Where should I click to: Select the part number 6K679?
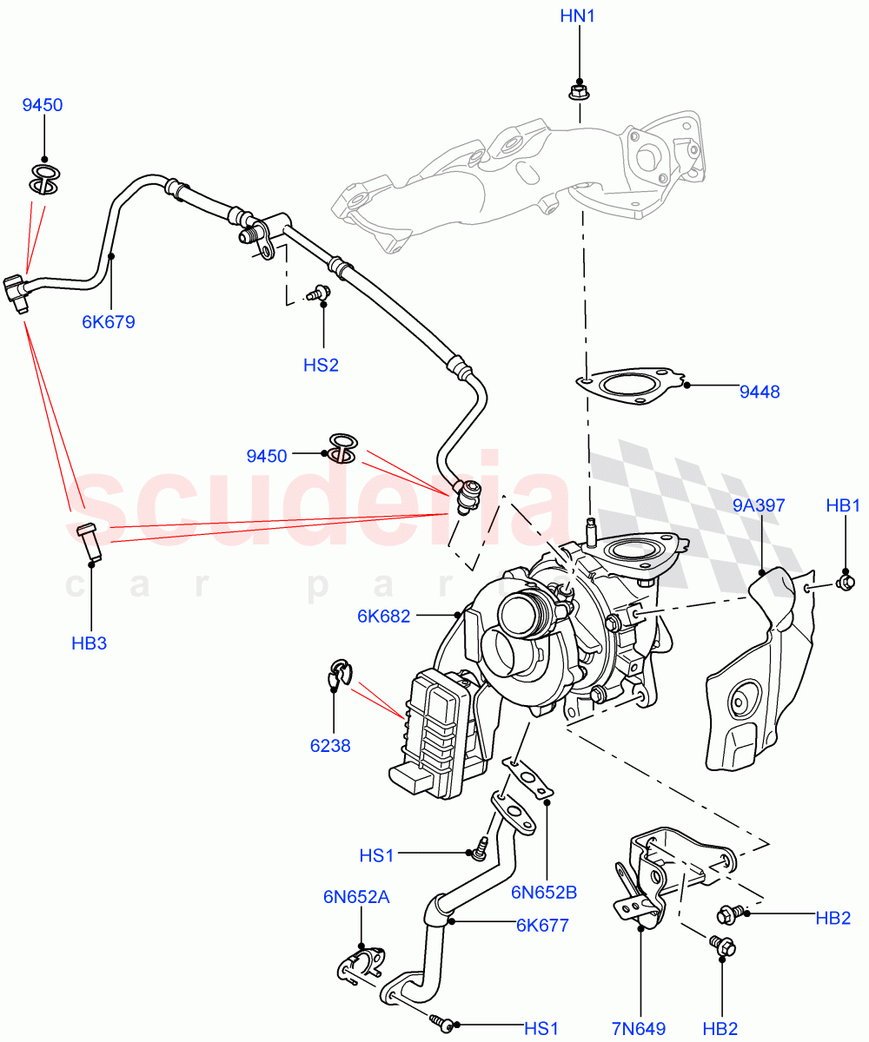(x=109, y=322)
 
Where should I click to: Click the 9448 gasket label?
(x=760, y=392)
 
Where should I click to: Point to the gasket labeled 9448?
(x=629, y=385)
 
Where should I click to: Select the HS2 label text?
(x=321, y=365)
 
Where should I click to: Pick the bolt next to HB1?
(x=842, y=580)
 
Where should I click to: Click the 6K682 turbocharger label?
(x=383, y=617)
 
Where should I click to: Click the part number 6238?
(x=330, y=745)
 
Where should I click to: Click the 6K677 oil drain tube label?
(x=542, y=925)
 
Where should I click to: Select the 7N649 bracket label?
(x=638, y=1029)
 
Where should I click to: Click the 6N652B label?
(x=545, y=891)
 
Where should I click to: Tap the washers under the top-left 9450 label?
(x=45, y=178)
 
